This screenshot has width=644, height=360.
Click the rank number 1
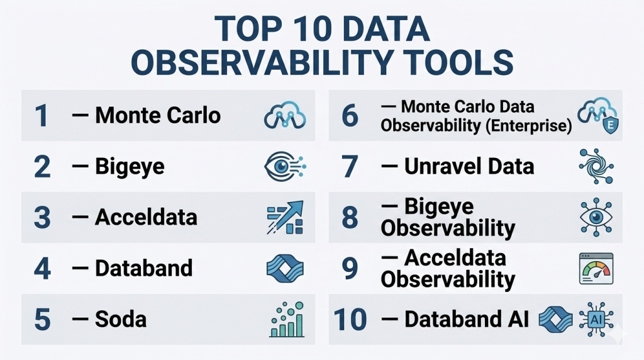(42, 115)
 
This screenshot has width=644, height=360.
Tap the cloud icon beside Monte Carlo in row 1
(285, 115)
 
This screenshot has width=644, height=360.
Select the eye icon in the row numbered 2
(285, 166)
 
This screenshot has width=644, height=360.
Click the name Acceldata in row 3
(146, 217)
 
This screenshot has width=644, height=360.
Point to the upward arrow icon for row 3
(285, 217)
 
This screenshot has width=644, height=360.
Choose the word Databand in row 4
(144, 268)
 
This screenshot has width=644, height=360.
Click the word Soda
(121, 319)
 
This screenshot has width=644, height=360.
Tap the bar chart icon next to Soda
(287, 319)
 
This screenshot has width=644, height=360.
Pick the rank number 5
(42, 320)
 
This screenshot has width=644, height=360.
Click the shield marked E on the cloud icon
(610, 125)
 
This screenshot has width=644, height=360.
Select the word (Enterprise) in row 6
(528, 126)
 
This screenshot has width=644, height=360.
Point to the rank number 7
(350, 166)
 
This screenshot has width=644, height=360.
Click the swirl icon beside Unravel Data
(596, 166)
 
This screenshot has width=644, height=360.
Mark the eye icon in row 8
(596, 217)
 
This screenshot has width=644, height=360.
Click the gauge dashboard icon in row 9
(596, 269)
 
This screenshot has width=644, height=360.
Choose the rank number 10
(350, 320)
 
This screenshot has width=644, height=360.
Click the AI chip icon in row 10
(596, 319)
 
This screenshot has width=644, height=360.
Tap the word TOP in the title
(248, 29)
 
